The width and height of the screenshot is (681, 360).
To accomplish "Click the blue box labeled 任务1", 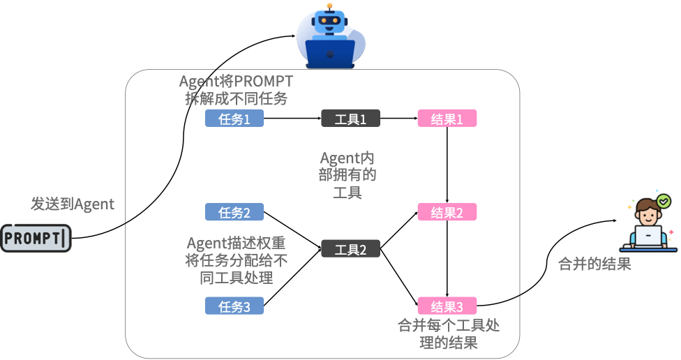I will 234,119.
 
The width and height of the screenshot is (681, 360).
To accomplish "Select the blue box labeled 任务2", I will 234,212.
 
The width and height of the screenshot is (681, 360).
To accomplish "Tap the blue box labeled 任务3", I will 234,306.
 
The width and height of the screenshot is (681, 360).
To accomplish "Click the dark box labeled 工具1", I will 350,119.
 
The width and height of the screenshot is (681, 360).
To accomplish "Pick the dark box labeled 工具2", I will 350,249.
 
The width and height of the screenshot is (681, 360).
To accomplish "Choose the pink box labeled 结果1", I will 447,119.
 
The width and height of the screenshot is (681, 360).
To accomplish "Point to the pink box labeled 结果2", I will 447,212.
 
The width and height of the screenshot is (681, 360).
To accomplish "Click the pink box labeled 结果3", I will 447,306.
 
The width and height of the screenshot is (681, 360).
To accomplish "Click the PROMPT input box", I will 36,239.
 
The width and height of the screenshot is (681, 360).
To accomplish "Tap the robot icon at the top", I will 331,36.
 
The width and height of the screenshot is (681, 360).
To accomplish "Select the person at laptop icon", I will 652,223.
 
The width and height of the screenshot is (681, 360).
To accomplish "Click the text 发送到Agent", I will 72,204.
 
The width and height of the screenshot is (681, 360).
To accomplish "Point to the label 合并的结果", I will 594,264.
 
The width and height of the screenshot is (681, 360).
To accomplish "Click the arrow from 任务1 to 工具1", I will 292,119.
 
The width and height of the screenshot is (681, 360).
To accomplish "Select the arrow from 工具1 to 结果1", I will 398,119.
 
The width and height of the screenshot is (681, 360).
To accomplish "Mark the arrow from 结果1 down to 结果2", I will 447,165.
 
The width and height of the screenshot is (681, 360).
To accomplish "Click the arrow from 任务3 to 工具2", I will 293,277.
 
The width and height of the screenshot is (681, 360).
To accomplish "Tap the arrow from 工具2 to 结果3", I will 399,277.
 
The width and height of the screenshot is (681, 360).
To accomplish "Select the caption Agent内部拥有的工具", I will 347,175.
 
